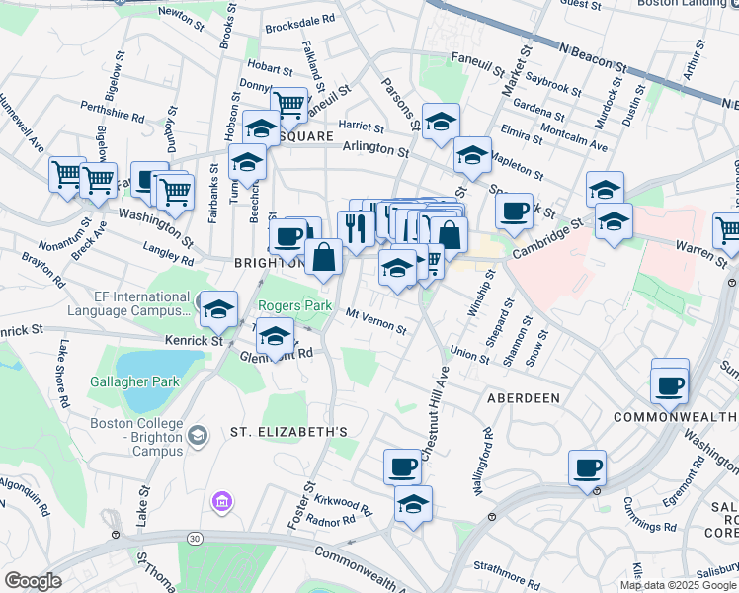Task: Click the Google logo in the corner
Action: pyautogui.click(x=33, y=581)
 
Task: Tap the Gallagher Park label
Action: pyautogui.click(x=135, y=381)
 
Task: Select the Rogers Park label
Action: pyautogui.click(x=295, y=306)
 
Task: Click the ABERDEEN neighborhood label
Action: pyautogui.click(x=523, y=397)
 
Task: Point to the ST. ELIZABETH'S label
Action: pyautogui.click(x=288, y=432)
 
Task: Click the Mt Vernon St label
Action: pyautogui.click(x=375, y=320)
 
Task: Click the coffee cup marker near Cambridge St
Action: pyautogui.click(x=514, y=211)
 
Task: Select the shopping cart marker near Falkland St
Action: pyautogui.click(x=288, y=104)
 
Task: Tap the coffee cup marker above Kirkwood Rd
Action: pyautogui.click(x=402, y=466)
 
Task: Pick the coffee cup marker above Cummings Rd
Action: pyautogui.click(x=588, y=467)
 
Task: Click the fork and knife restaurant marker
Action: pyautogui.click(x=355, y=228)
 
